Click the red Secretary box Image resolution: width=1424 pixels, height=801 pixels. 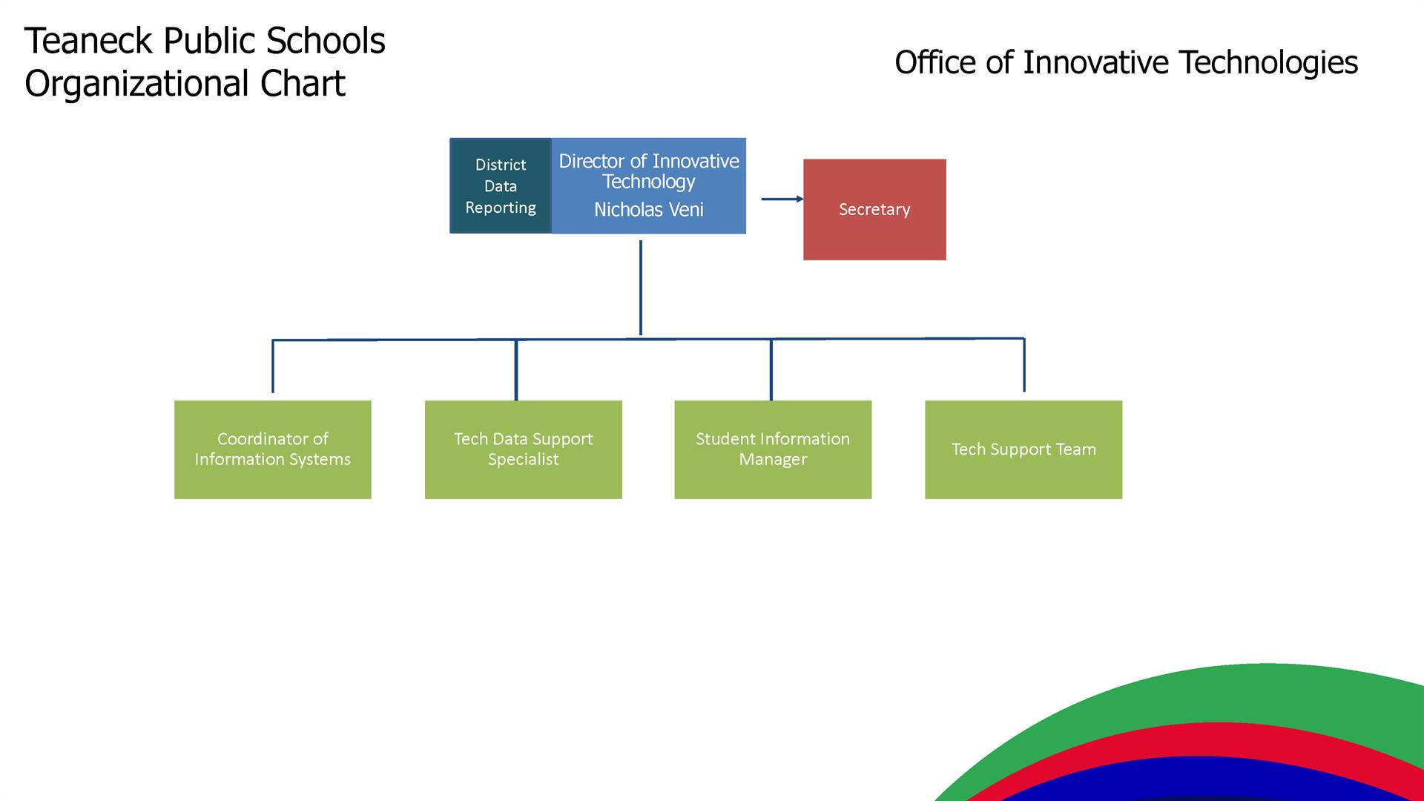tap(874, 209)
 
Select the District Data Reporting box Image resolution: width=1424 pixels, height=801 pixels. tap(501, 185)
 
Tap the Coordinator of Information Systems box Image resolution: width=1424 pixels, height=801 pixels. tap(272, 449)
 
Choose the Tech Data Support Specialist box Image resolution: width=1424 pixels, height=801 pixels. tap(523, 449)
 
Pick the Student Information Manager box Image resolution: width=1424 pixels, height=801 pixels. tap(773, 449)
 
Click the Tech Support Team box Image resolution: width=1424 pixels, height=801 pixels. tap(1023, 449)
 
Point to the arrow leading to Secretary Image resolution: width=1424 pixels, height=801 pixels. tap(782, 199)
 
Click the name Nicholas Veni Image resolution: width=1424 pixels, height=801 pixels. tap(649, 210)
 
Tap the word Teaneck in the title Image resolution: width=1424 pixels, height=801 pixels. tap(89, 41)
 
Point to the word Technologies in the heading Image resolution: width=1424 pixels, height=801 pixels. tap(1268, 62)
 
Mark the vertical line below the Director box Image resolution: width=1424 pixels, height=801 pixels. tap(641, 288)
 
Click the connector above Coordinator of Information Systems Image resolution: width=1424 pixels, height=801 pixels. tap(273, 366)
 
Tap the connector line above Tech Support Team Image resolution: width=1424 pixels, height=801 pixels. tap(1024, 365)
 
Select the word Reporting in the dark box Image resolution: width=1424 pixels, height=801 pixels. tap(501, 208)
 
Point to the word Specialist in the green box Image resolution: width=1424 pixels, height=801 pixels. tap(523, 460)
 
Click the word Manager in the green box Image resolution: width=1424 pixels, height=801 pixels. tap(773, 460)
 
